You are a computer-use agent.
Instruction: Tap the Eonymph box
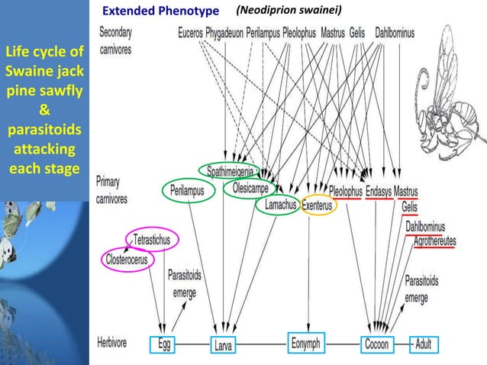coord(308,344)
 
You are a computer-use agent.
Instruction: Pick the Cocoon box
coord(376,345)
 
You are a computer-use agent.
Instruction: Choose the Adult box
coord(424,345)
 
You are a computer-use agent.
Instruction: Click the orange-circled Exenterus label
coord(316,205)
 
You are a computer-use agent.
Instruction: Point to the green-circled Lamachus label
coord(276,205)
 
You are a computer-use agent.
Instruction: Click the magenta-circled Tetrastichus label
coord(156,240)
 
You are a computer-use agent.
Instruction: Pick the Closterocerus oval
coord(128,258)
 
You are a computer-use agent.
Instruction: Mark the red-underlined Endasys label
coord(379,192)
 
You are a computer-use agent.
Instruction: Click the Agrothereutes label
coord(434,241)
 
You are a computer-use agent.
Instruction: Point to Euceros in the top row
coord(190,34)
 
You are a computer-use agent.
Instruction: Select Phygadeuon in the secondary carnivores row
coord(224,34)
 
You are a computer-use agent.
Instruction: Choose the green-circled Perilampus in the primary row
coord(188,191)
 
